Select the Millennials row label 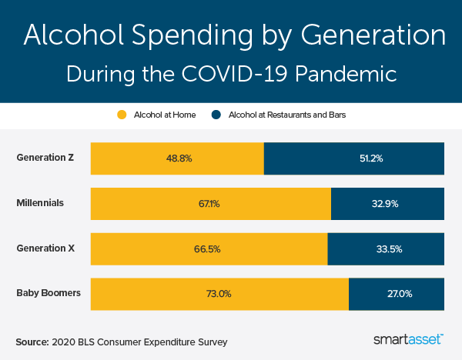pos(40,203)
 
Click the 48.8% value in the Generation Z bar pos(178,158)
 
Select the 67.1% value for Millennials pos(211,204)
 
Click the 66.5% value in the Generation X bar pos(209,249)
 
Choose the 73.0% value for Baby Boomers pos(219,294)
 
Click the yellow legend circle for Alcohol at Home pos(121,115)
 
